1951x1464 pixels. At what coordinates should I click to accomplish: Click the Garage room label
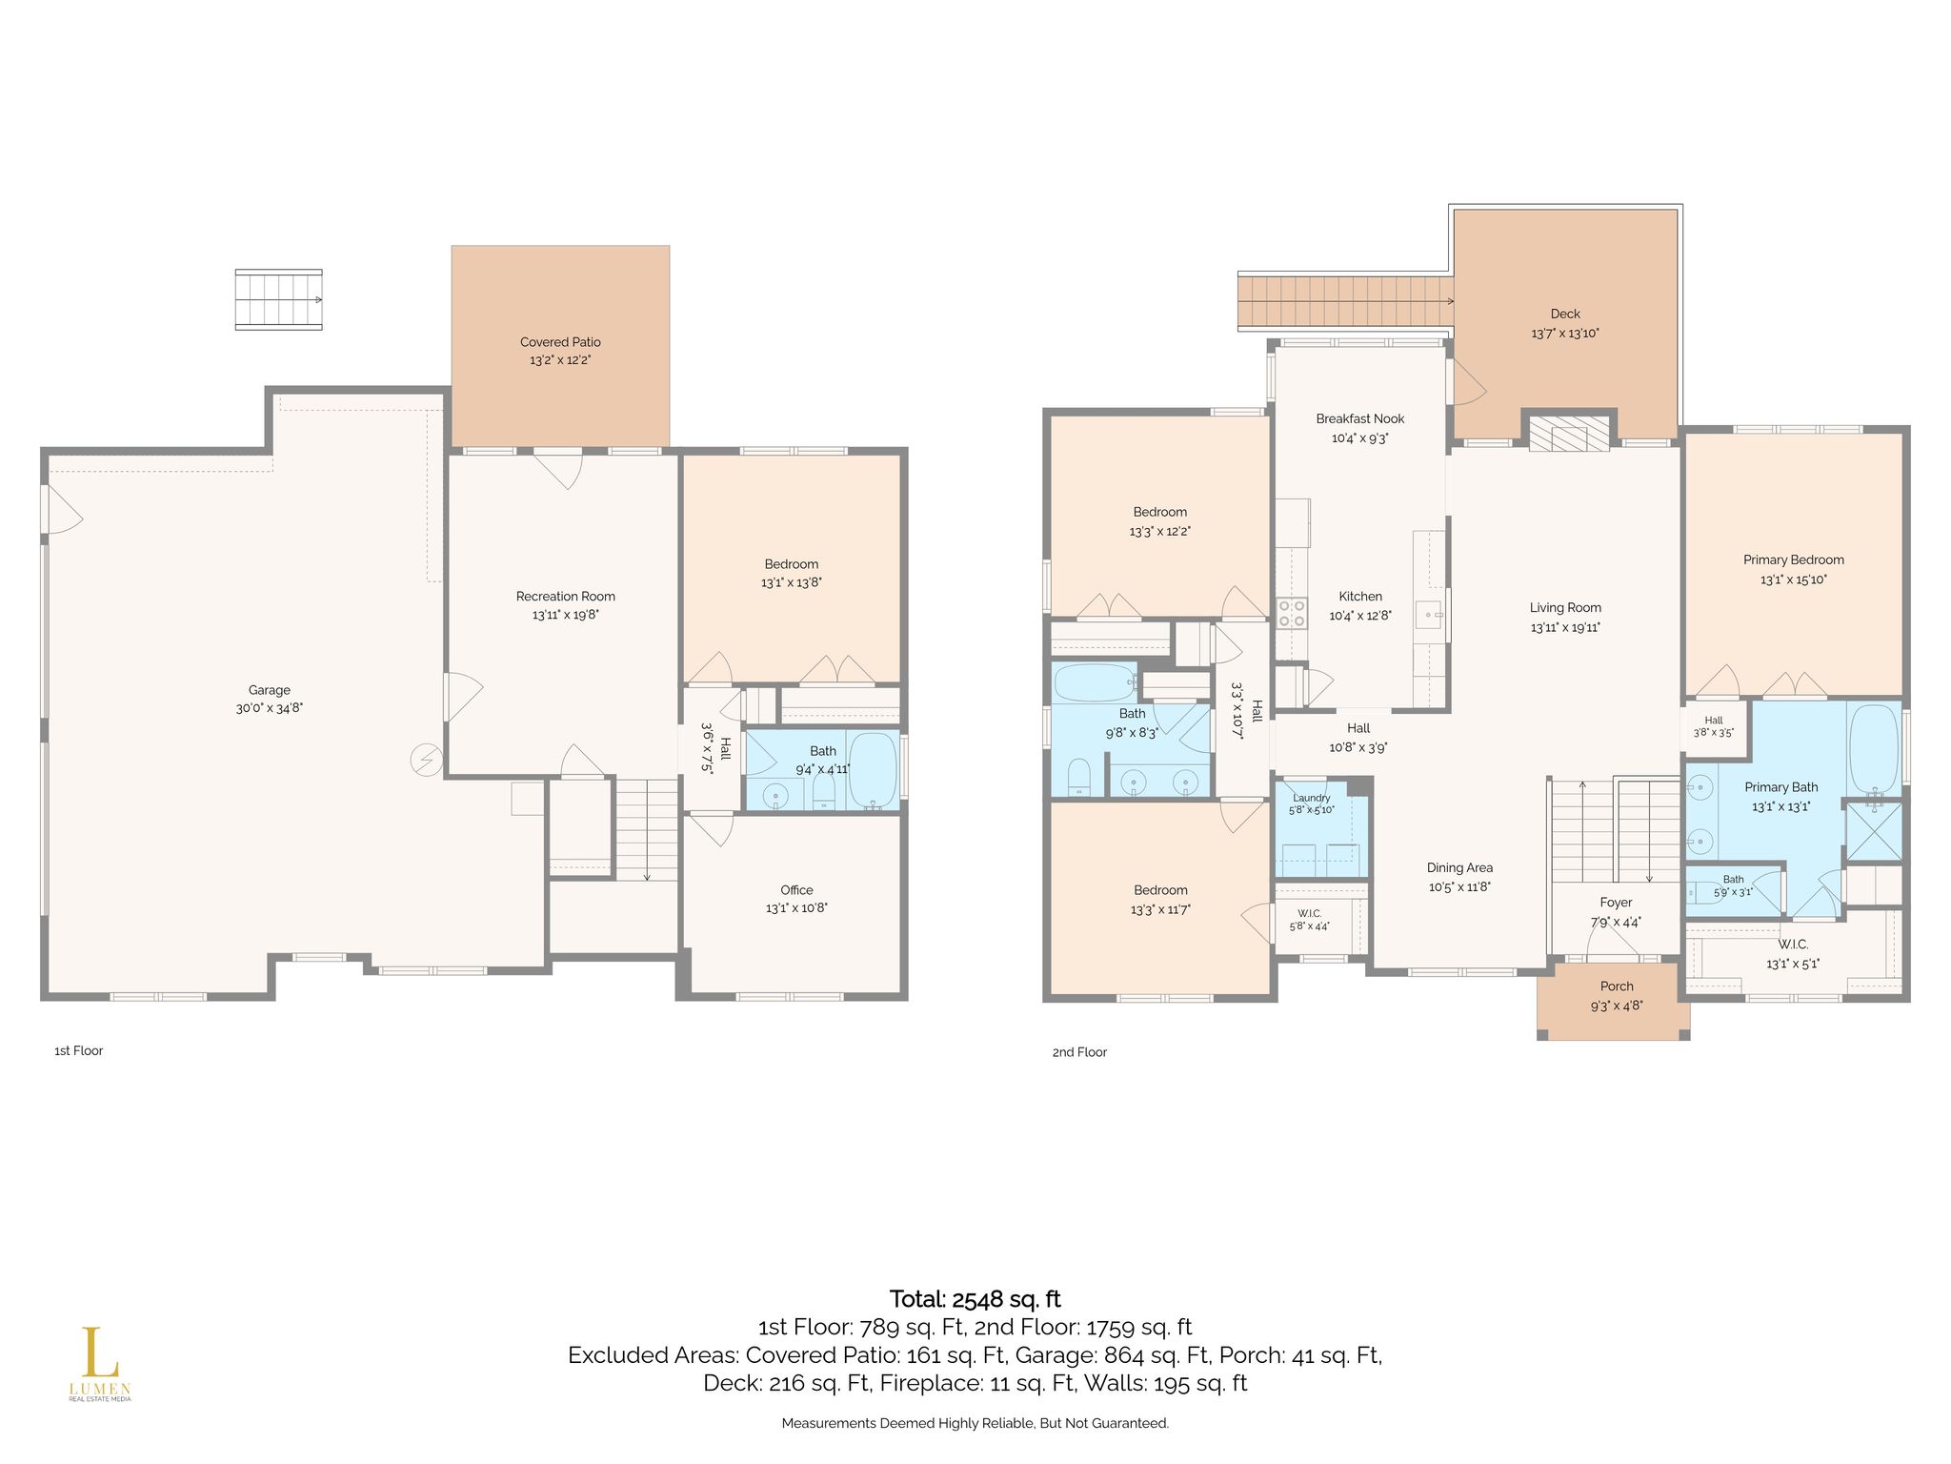[270, 690]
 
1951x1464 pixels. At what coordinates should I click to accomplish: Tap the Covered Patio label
[560, 342]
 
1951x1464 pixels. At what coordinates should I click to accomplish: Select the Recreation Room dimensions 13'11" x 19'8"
[566, 615]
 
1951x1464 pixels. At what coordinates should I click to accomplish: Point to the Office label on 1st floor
[796, 890]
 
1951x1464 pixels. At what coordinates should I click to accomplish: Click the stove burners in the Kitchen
[1291, 613]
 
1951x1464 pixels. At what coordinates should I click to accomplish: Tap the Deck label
[1565, 314]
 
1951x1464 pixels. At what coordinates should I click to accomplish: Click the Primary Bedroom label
[1794, 560]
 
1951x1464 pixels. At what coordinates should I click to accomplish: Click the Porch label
[1617, 986]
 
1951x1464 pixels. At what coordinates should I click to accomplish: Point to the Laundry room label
[1312, 798]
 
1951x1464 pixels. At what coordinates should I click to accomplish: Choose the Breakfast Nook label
[1360, 418]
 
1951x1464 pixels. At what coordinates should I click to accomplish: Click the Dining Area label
[1459, 867]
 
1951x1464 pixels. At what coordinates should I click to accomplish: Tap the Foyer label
[1616, 903]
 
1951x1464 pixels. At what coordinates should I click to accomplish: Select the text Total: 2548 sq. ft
[975, 1299]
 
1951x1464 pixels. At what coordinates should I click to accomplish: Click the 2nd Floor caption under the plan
[1079, 1052]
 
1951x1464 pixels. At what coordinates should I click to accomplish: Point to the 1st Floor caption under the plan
[78, 1050]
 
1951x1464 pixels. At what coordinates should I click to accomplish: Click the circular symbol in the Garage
[426, 760]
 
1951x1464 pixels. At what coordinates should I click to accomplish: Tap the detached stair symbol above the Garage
[278, 299]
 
